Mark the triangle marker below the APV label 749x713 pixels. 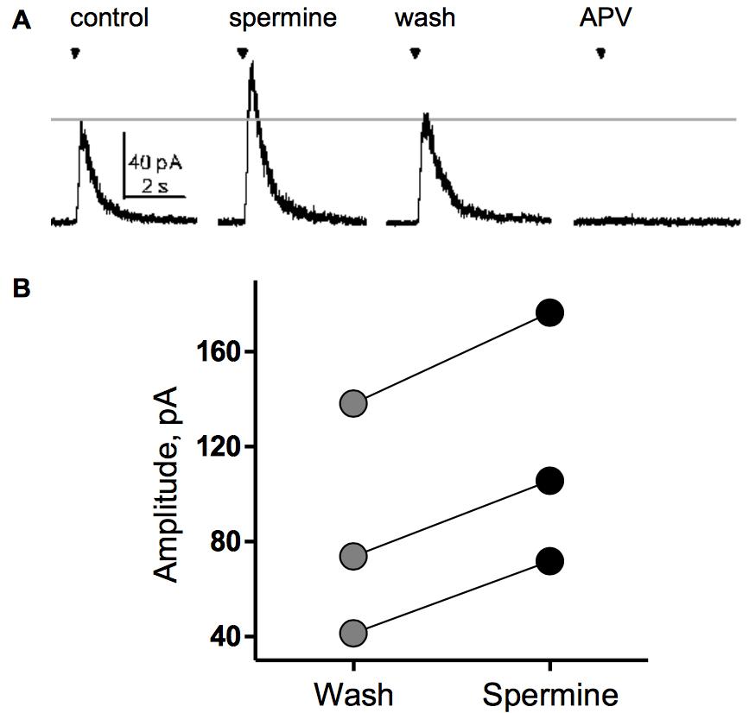pyautogui.click(x=600, y=54)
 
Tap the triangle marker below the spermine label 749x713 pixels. pyautogui.click(x=242, y=54)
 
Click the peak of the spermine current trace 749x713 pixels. pyautogui.click(x=251, y=66)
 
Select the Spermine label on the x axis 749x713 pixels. pyautogui.click(x=550, y=694)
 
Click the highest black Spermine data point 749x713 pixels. pyautogui.click(x=549, y=313)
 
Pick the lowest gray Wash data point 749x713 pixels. pyautogui.click(x=353, y=634)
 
